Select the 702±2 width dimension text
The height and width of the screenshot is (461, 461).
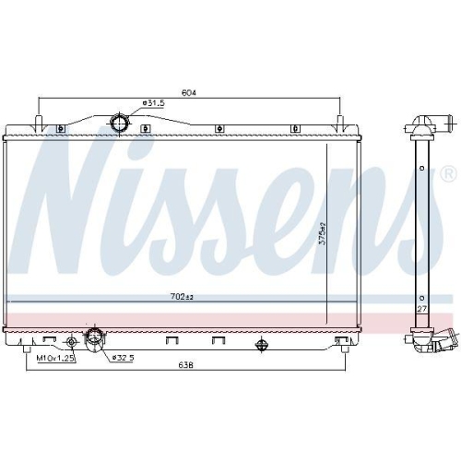point(182,297)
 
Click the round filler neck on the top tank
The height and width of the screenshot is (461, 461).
point(119,124)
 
